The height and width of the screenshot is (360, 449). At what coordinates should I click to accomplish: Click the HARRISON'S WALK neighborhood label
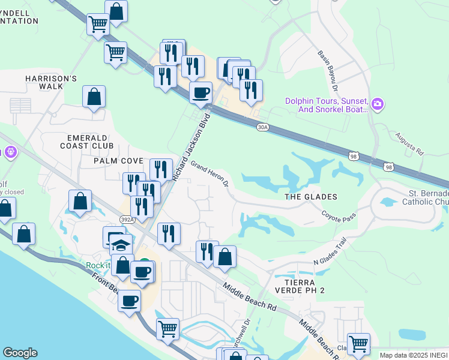pos(51,82)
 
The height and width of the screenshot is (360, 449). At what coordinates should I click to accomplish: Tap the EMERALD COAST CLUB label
pos(86,142)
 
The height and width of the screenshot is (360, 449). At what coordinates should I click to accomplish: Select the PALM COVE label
pos(118,161)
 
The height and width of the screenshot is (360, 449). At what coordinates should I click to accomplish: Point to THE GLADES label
pos(310,197)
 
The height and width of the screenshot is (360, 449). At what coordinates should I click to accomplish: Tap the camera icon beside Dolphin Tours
pos(378,105)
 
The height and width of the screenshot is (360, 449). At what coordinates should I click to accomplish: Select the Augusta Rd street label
pos(409,145)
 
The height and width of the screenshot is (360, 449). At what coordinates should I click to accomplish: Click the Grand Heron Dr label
pos(210,173)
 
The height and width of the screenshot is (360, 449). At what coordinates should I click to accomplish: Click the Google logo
pos(20,353)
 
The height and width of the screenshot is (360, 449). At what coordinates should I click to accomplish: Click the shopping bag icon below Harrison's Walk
pos(94,97)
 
